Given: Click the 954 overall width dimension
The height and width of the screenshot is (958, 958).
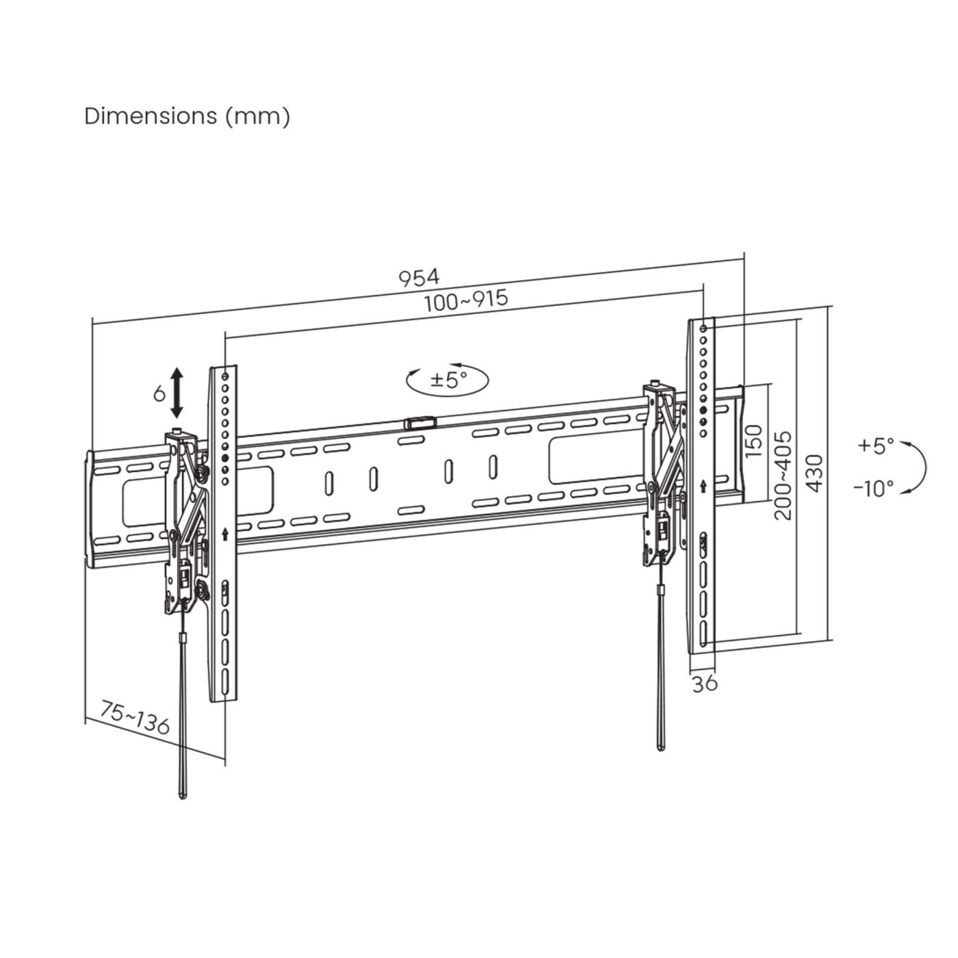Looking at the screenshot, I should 419,277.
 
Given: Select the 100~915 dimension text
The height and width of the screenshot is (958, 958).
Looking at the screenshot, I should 466,301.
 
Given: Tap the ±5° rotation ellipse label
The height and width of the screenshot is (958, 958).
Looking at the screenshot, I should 448,379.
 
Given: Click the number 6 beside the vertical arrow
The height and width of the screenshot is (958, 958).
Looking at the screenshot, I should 159,393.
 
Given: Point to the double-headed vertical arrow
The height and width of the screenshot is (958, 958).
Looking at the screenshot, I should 177,392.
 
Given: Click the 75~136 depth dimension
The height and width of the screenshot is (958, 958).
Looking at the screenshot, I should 135,717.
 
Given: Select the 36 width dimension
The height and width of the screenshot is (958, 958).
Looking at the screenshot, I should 704,683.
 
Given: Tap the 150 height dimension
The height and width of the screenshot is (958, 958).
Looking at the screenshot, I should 753,441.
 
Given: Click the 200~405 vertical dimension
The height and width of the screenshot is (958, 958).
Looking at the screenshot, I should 782,474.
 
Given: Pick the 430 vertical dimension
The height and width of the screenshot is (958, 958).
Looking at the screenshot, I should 814,473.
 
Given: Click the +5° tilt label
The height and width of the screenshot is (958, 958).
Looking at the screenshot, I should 876,445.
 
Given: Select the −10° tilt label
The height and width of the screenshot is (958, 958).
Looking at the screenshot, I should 873,488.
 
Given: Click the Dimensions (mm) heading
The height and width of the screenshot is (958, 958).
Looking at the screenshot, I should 187,116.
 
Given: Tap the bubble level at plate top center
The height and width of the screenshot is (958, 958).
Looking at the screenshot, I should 419,423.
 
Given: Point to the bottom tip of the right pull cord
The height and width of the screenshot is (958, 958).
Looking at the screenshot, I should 660,747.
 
